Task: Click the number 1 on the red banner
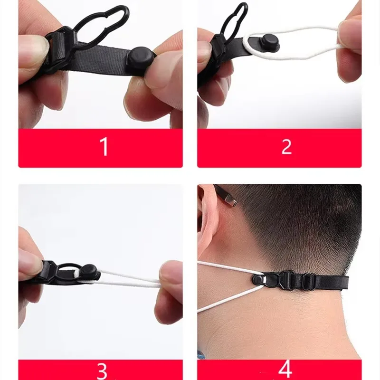[x=104, y=147]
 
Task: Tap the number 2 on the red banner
[x=286, y=147]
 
